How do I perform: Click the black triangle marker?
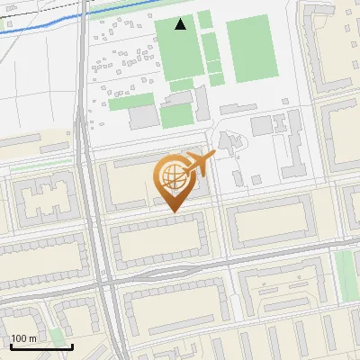coord(181,24)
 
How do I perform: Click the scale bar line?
coord(41,346)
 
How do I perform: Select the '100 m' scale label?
coord(24,337)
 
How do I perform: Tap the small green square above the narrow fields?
coord(205,19)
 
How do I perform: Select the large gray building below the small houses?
coord(144,117)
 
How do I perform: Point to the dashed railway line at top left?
coord(36,12)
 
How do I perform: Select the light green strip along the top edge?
coord(135,4)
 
